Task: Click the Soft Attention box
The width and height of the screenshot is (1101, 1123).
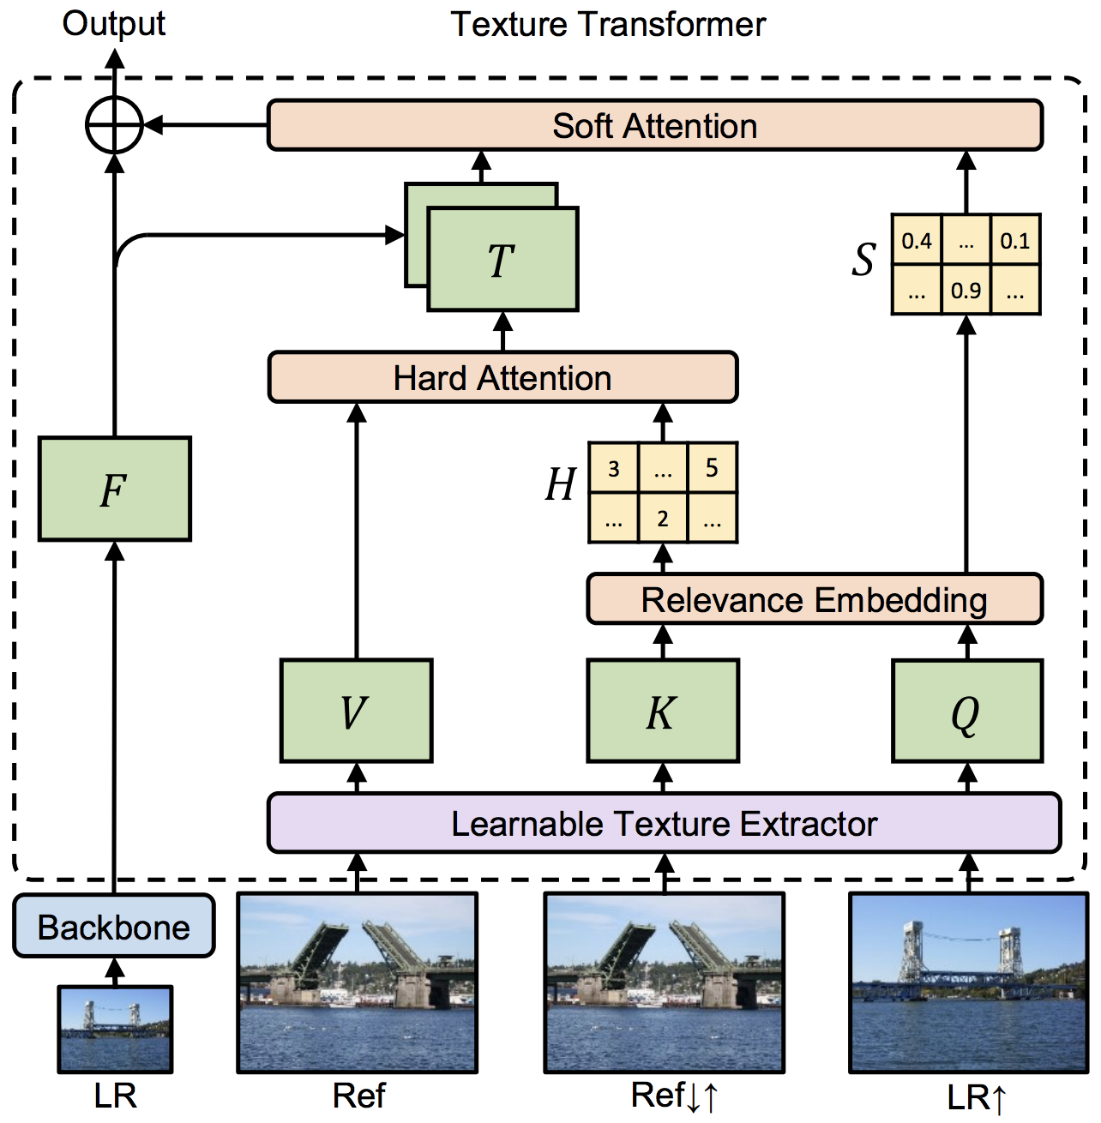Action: coord(654,126)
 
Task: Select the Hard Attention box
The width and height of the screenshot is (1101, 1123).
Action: coord(502,377)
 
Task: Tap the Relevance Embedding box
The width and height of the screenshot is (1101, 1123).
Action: coord(814,599)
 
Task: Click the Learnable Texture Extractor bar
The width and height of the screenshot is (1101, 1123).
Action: coord(664,823)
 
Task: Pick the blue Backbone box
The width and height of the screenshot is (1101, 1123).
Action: coord(114,927)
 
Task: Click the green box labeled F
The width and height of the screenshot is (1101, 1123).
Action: coord(115,489)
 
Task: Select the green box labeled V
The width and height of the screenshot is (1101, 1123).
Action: coord(356,711)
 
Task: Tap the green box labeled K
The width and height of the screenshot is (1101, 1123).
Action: coord(663,711)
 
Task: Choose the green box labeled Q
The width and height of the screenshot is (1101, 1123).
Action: coord(966,711)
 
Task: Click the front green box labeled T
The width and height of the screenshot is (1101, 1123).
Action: coord(502,260)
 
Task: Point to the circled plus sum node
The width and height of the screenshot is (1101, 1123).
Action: coord(114,125)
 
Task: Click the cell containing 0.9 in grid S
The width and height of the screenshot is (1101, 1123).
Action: coord(966,290)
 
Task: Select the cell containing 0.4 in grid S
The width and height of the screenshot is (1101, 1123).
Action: coord(917,240)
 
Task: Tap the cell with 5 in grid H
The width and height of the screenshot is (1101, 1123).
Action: coord(712,468)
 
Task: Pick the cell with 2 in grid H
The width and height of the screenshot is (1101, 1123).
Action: coord(663,518)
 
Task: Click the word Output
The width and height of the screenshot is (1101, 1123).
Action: coord(114,23)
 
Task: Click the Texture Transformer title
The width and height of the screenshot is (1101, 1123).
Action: coord(608,24)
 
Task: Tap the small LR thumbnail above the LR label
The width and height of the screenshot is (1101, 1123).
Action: coord(115,1029)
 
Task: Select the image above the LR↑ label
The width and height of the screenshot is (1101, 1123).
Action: coord(968,982)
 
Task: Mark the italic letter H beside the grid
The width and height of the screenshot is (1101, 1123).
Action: coord(561,485)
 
